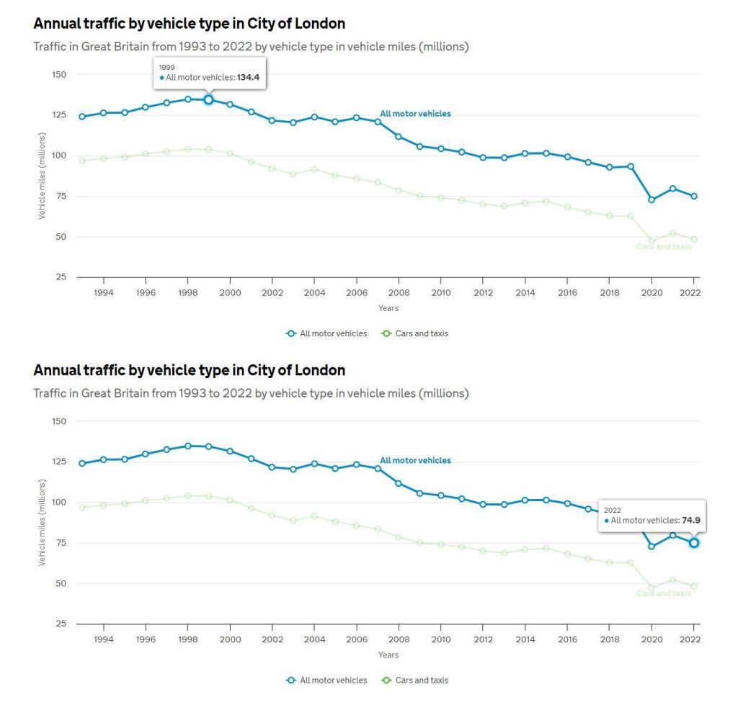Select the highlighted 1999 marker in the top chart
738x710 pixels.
[x=208, y=99]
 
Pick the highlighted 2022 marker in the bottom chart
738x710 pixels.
[x=694, y=542]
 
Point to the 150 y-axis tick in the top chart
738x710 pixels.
[x=59, y=75]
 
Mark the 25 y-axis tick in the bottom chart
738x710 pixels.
[x=61, y=624]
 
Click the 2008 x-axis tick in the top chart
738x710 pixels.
[x=399, y=293]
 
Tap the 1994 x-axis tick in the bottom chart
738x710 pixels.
[x=103, y=639]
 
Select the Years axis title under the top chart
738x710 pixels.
[x=388, y=308]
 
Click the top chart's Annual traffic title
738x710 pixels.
[x=189, y=24]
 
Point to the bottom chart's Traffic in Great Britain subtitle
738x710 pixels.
[x=251, y=393]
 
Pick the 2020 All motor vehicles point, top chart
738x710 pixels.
[x=652, y=199]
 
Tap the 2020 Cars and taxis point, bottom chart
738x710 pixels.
[x=652, y=588]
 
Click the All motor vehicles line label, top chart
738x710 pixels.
[x=415, y=114]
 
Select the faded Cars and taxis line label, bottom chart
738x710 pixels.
[x=663, y=593]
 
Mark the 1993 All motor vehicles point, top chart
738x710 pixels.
[x=82, y=117]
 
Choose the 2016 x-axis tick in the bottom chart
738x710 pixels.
[x=567, y=639]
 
